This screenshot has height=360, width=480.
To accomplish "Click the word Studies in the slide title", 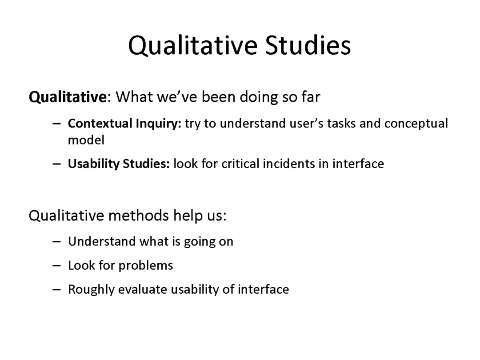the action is (308, 45).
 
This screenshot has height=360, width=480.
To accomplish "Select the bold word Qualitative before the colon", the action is (68, 97).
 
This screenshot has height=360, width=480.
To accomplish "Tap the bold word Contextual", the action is (100, 124).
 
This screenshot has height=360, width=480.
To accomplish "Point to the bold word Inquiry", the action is (158, 124).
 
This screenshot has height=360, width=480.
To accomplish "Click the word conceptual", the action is (416, 124).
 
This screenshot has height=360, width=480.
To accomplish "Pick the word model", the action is (86, 140).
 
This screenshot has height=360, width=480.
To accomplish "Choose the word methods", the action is (139, 215).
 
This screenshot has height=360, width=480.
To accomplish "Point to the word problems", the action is (146, 266).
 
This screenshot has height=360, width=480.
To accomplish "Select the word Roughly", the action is (91, 290).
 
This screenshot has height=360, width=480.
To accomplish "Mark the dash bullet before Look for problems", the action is (56, 265).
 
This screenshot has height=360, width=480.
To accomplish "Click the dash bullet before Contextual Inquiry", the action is (56, 124).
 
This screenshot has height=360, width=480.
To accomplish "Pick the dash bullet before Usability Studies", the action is (56, 164).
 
